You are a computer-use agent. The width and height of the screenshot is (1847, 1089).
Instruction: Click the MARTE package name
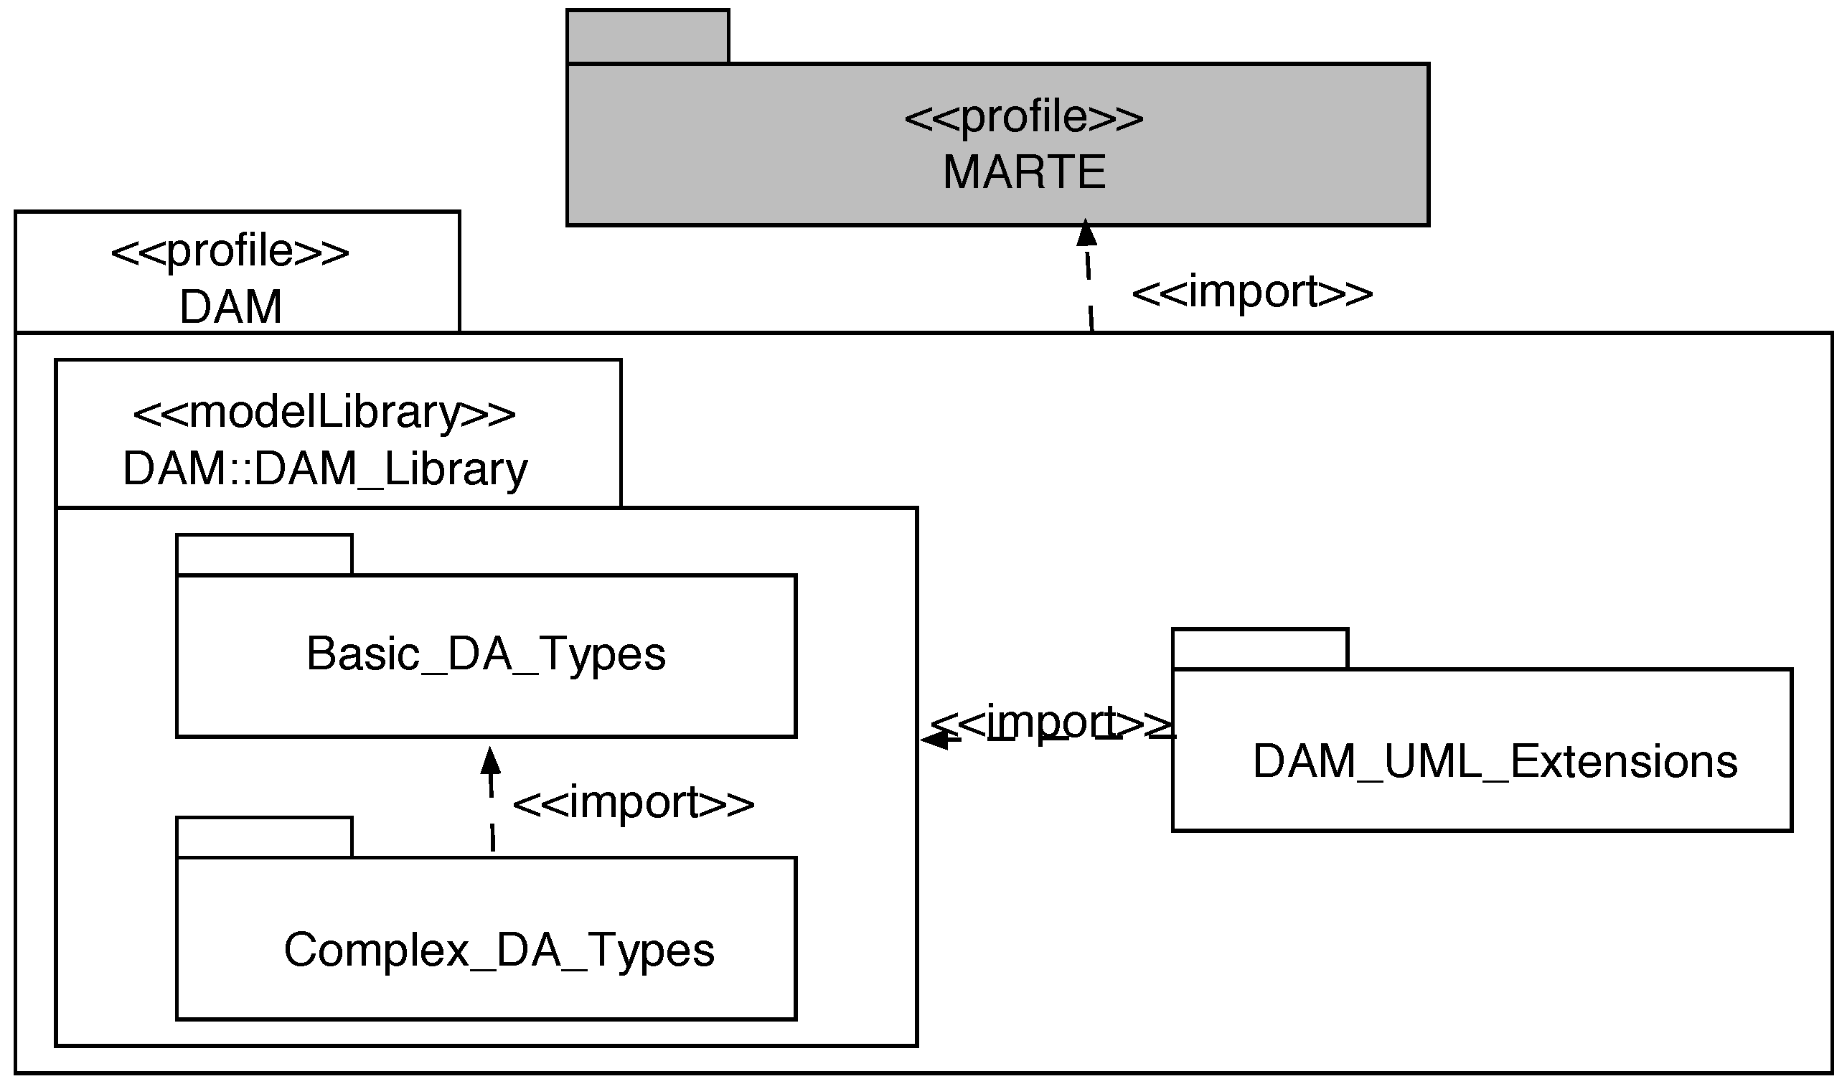(x=1025, y=171)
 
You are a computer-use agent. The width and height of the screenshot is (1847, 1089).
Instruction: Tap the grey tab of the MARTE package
(x=647, y=37)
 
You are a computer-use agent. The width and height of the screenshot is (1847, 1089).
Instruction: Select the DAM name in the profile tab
(x=230, y=307)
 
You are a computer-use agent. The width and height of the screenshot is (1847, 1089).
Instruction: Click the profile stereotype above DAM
(x=230, y=252)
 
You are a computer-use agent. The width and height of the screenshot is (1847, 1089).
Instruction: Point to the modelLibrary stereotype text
(x=324, y=412)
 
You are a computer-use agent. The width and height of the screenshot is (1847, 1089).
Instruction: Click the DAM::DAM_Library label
(x=324, y=469)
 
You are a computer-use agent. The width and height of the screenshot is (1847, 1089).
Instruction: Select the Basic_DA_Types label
(x=486, y=654)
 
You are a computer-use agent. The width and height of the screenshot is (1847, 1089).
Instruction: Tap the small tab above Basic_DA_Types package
(x=264, y=555)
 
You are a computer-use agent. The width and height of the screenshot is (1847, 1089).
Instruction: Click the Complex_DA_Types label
(x=499, y=950)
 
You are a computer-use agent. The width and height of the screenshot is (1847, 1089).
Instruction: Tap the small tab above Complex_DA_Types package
(x=264, y=837)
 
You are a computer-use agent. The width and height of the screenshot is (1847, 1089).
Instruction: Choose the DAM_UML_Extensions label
(x=1495, y=761)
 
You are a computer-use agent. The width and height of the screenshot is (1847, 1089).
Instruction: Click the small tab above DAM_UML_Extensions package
(x=1260, y=649)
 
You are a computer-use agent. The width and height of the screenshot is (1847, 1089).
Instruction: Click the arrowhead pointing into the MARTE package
(x=1086, y=233)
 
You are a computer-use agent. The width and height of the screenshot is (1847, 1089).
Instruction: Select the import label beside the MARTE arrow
(x=1252, y=292)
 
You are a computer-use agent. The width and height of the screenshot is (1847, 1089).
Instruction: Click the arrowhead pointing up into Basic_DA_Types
(x=490, y=762)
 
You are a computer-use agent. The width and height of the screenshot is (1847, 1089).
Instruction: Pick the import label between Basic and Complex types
(x=633, y=802)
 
